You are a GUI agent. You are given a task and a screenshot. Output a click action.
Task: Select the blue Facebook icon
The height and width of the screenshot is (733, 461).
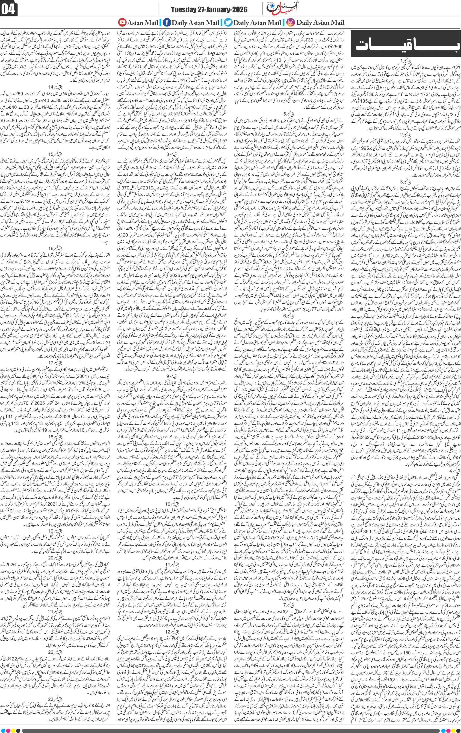tap(167, 22)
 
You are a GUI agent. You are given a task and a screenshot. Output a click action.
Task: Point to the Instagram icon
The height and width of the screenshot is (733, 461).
tap(291, 22)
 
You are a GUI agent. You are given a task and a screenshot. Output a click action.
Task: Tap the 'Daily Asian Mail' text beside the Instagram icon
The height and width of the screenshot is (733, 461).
tap(320, 22)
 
